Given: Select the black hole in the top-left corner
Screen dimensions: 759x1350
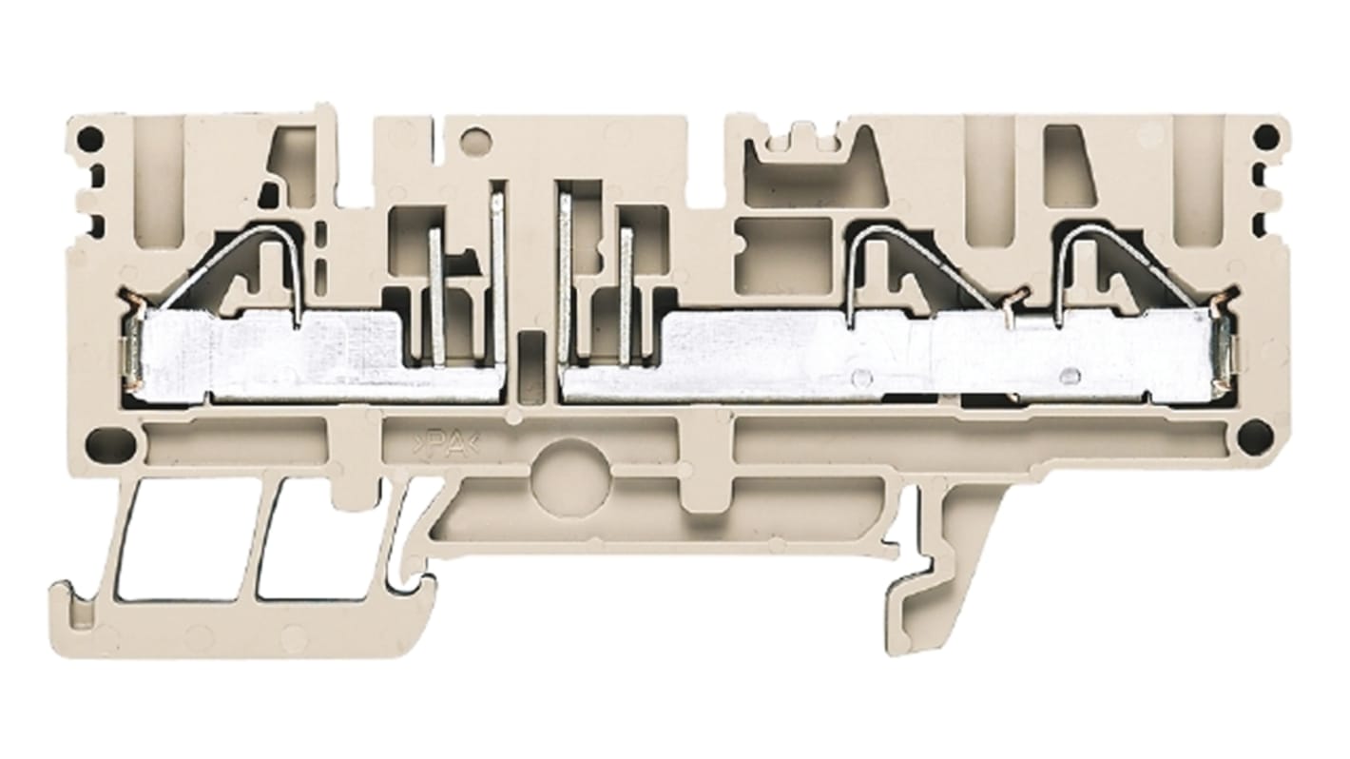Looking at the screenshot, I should tap(88, 141).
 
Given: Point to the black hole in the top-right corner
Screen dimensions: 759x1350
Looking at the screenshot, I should tap(1265, 139).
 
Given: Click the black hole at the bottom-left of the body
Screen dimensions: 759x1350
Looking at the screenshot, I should tap(98, 441).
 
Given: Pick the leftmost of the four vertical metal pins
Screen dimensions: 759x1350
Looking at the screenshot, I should tap(435, 295).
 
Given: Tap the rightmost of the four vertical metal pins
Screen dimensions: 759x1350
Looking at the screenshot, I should tap(626, 295).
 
